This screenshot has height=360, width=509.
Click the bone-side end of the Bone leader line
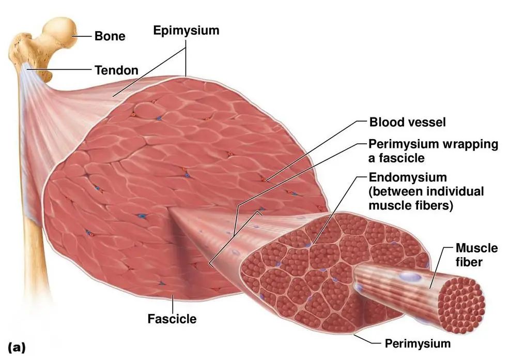tap(72, 36)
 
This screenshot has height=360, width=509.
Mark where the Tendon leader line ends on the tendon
tap(27, 69)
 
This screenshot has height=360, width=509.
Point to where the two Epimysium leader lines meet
tap(186, 48)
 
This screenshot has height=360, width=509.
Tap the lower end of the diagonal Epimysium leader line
tap(113, 97)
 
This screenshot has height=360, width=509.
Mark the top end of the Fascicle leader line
tap(173, 294)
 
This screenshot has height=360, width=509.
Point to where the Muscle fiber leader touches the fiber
tap(430, 288)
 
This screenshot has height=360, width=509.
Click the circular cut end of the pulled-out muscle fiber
tap(461, 306)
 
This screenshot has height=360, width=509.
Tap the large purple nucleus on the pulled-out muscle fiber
tap(410, 277)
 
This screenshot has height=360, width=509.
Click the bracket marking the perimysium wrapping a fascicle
tap(235, 234)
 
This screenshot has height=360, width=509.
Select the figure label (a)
tap(17, 348)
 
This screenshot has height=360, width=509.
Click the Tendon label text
tap(117, 70)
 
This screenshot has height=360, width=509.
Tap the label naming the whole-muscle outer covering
tap(187, 31)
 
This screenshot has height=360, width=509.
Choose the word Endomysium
tap(408, 177)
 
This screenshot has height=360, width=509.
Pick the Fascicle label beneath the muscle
tap(172, 319)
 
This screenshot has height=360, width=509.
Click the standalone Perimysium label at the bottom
tap(418, 343)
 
